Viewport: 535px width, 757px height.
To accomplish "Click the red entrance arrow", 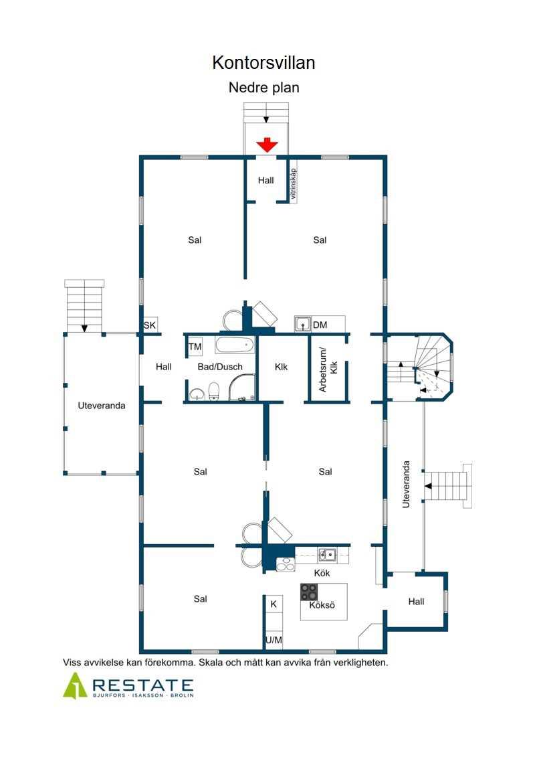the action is [x=267, y=145].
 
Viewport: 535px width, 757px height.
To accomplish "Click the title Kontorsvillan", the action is [x=263, y=63].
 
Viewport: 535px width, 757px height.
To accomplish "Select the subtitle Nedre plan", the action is [x=264, y=88].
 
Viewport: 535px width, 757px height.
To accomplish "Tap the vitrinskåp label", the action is [x=294, y=183].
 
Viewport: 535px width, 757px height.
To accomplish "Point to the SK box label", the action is [x=150, y=325].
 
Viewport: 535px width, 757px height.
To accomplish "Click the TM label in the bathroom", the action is [x=195, y=347].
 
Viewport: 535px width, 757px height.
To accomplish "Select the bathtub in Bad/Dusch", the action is [x=235, y=345].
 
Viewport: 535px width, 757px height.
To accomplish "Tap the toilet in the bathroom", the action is [x=214, y=391].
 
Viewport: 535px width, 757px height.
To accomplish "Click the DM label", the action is [x=320, y=325].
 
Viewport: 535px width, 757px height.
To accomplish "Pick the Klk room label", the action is [x=282, y=367].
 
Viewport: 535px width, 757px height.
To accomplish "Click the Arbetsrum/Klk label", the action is [x=328, y=370].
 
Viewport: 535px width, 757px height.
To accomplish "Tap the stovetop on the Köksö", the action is [x=309, y=592].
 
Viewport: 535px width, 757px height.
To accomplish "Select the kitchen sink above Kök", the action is [x=328, y=555].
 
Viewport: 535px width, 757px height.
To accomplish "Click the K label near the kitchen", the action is [x=274, y=604].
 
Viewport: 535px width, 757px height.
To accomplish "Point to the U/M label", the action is [x=274, y=640].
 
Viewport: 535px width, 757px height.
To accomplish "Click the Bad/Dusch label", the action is [x=220, y=367].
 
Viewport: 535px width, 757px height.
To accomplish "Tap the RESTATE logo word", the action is [x=143, y=685].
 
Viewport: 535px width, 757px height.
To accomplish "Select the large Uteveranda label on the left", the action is [x=101, y=406].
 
